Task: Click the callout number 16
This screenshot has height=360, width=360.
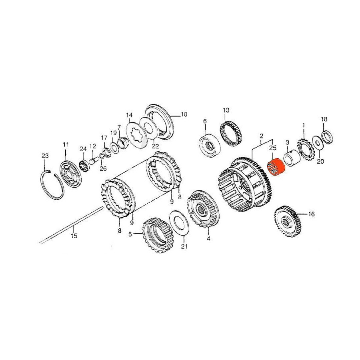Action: click(311, 214)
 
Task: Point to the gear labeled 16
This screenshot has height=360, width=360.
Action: click(287, 221)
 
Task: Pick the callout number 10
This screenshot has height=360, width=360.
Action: click(184, 114)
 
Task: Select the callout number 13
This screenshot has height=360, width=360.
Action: click(226, 110)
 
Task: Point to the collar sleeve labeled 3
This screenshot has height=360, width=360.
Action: click(292, 158)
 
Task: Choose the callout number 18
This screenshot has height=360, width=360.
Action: click(324, 119)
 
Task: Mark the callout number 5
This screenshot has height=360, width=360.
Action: click(130, 234)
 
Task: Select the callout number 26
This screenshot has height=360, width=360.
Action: click(103, 168)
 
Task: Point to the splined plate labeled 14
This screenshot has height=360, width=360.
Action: click(137, 135)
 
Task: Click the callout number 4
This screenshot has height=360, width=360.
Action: click(208, 239)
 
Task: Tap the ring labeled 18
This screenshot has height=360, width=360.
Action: click(327, 137)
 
